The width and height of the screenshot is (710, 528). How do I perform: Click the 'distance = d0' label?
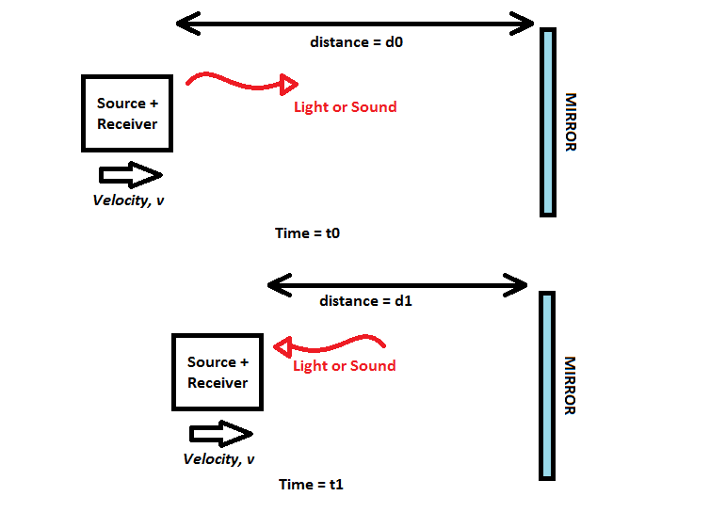click(x=356, y=42)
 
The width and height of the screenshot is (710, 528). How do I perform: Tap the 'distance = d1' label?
click(x=365, y=301)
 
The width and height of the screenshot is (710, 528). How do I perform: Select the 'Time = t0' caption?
click(x=307, y=232)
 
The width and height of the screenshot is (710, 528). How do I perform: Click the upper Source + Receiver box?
click(x=127, y=113)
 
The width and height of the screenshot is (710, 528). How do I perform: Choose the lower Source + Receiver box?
click(x=218, y=372)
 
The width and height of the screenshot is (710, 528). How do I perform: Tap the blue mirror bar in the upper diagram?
click(x=547, y=122)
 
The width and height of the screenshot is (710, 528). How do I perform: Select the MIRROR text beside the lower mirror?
click(x=569, y=385)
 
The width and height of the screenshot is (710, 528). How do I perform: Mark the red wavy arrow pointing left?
click(x=330, y=345)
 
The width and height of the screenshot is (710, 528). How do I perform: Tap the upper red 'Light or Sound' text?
click(x=345, y=107)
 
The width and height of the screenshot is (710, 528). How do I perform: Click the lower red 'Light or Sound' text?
click(x=344, y=366)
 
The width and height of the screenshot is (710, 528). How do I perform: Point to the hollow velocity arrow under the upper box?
click(x=130, y=174)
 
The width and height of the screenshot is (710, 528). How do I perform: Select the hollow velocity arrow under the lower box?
click(x=220, y=434)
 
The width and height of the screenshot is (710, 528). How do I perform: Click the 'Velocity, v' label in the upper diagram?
click(x=128, y=200)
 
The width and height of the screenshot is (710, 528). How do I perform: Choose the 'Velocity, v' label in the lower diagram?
click(x=218, y=459)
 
